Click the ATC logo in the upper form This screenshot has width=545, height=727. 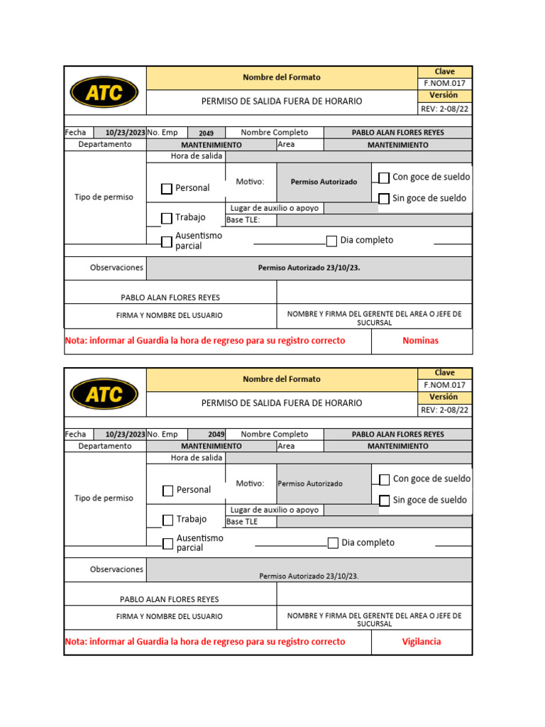coord(105,92)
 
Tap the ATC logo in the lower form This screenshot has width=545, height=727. coord(105,393)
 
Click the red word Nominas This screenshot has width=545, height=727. coord(421,341)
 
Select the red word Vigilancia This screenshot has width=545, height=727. coord(422,642)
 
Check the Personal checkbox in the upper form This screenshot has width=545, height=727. coord(167,189)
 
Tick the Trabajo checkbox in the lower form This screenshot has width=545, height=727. coord(167,520)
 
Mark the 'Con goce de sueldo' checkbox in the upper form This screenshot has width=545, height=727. coord(384,177)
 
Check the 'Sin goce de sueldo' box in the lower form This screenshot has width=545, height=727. coord(385,501)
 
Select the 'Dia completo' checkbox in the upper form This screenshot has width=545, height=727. coord(331,241)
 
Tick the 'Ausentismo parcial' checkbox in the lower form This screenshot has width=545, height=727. coord(167,544)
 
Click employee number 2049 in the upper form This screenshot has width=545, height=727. coord(206,133)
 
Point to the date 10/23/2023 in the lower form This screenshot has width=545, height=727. coord(126,434)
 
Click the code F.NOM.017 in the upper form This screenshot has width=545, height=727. coord(444,83)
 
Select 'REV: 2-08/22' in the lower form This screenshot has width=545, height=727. coord(445,410)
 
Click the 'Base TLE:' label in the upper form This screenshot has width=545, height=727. coord(243,220)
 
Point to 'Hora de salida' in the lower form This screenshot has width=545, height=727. coord(197,458)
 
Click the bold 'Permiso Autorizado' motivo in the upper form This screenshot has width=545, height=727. coord(324,182)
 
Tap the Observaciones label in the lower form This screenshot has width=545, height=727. coord(116,569)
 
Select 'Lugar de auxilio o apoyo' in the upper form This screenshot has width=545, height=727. coord(275,208)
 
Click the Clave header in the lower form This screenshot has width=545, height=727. coord(445,373)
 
